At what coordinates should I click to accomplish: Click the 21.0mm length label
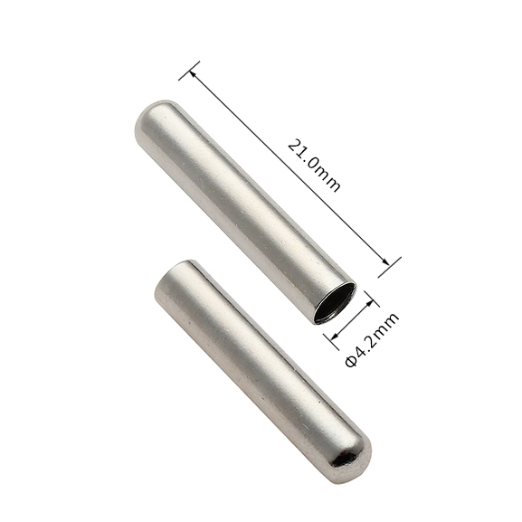pyautogui.click(x=314, y=166)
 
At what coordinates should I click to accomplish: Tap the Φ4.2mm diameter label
pyautogui.click(x=372, y=339)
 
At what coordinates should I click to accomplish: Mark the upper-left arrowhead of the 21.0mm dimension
pyautogui.click(x=194, y=75)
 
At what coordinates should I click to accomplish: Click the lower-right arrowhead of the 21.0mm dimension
pyautogui.click(x=384, y=261)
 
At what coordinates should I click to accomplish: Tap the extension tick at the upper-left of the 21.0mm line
pyautogui.click(x=189, y=71)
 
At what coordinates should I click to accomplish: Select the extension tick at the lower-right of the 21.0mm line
pyautogui.click(x=390, y=267)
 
